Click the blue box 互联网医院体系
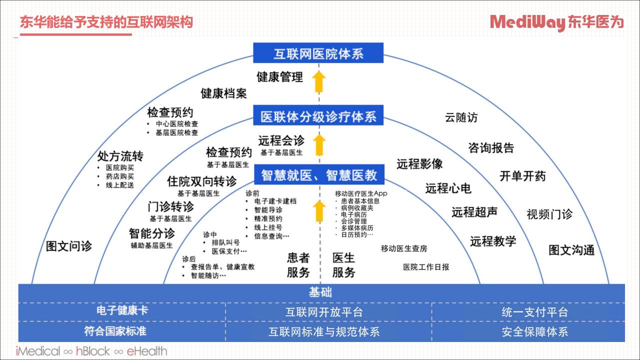(x=318, y=53)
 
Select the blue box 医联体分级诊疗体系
(x=318, y=115)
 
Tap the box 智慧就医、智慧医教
(x=319, y=174)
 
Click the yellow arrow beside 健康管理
(x=319, y=81)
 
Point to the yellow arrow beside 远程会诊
(x=319, y=145)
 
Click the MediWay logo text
(x=527, y=22)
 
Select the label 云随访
(x=461, y=117)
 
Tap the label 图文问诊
(x=69, y=246)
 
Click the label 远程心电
(x=448, y=188)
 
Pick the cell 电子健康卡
(x=122, y=310)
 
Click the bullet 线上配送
(x=119, y=185)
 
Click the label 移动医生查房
(x=404, y=248)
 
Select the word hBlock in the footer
(x=93, y=351)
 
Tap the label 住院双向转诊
(x=201, y=181)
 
